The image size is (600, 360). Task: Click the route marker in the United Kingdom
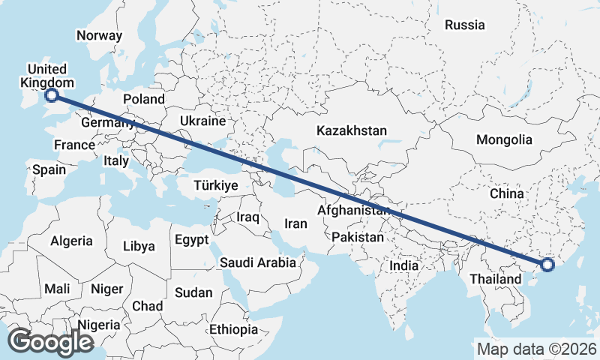52,95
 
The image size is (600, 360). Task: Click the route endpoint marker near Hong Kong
547,264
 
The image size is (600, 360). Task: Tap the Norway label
99,35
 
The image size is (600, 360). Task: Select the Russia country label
464,25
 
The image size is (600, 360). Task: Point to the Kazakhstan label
352,130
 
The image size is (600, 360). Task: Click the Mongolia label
504,139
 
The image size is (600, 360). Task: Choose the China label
506,193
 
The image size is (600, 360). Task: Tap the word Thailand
495,279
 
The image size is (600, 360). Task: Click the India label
403,265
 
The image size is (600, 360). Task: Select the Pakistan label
358,237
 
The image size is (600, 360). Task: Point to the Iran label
295,223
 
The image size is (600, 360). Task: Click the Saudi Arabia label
257,262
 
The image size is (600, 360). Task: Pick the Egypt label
190,240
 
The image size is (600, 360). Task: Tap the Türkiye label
215,185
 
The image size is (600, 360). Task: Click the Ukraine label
202,121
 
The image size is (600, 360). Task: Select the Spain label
49,169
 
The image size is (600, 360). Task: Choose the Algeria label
71,241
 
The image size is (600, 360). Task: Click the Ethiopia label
234,329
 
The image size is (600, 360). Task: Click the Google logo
50,342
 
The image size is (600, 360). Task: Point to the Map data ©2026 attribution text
536,349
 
